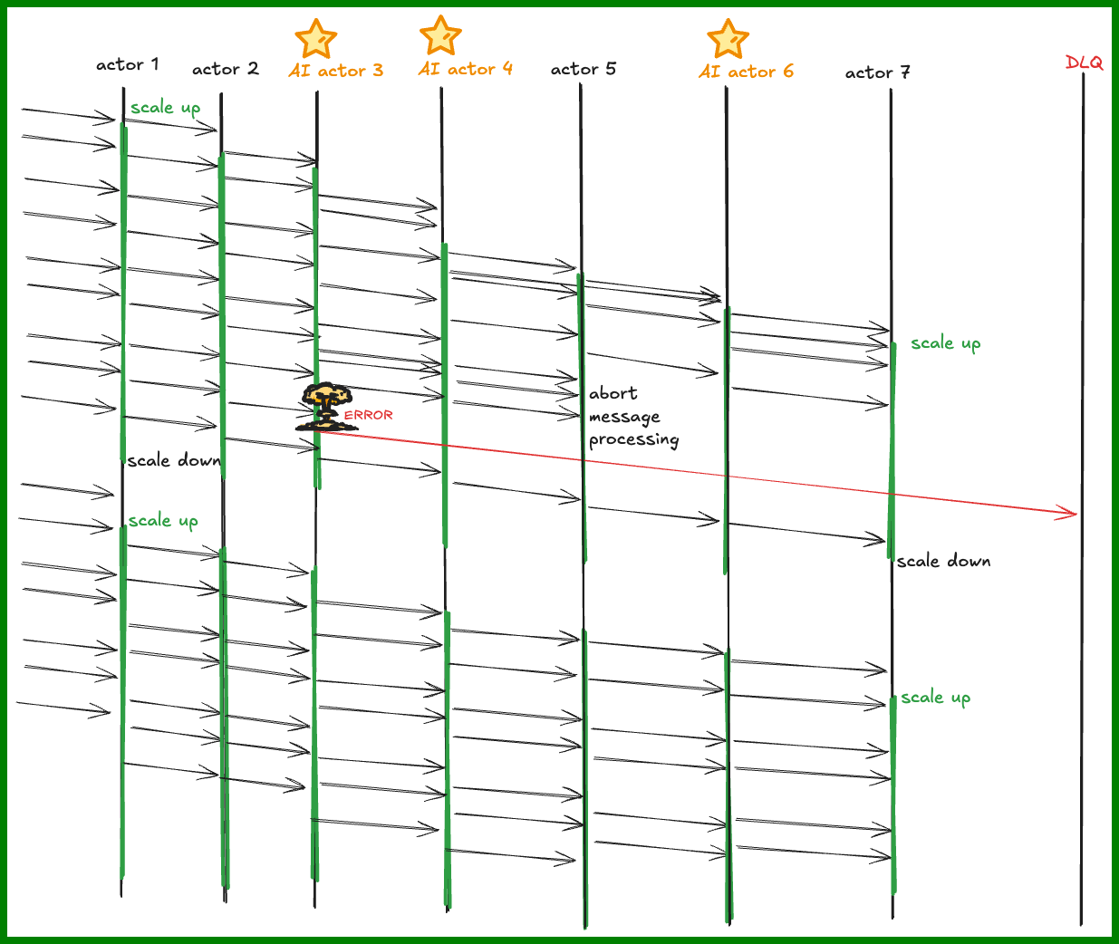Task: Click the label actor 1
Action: pyautogui.click(x=127, y=65)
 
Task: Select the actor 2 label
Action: pyautogui.click(x=226, y=69)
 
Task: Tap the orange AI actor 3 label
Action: pyautogui.click(x=336, y=71)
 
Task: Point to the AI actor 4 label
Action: pyautogui.click(x=466, y=69)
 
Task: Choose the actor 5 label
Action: pyautogui.click(x=584, y=69)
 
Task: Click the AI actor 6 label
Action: pyautogui.click(x=746, y=72)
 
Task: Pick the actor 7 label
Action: pyautogui.click(x=878, y=72)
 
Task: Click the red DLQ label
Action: pyautogui.click(x=1084, y=63)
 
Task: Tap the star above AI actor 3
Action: pyautogui.click(x=316, y=39)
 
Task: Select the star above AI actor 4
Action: pyautogui.click(x=440, y=35)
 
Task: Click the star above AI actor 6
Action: pyautogui.click(x=728, y=39)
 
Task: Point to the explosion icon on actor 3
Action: pyautogui.click(x=326, y=407)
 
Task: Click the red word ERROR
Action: pyautogui.click(x=368, y=415)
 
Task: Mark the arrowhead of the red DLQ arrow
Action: pyautogui.click(x=1076, y=514)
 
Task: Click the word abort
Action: pyautogui.click(x=613, y=394)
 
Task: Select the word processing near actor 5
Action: pyautogui.click(x=634, y=440)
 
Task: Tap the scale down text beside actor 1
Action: pyautogui.click(x=174, y=461)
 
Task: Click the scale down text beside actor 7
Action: pyautogui.click(x=944, y=562)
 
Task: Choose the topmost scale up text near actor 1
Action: pyautogui.click(x=166, y=108)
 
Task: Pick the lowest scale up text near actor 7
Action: pyautogui.click(x=936, y=698)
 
